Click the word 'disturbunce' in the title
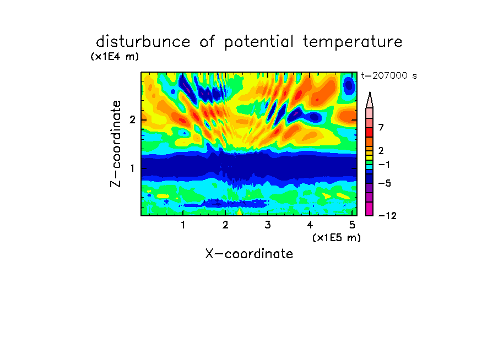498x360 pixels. (143, 42)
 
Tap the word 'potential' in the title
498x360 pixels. (259, 42)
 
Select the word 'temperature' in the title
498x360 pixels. (353, 42)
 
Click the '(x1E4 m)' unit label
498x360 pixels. (115, 57)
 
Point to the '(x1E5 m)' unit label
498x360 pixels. (337, 237)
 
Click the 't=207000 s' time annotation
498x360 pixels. (389, 75)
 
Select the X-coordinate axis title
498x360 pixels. (249, 254)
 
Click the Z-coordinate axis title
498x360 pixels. (116, 144)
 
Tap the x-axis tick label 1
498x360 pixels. (183, 225)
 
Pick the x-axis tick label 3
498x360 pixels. (268, 225)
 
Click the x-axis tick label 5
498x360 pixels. (352, 225)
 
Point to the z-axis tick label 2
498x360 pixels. (132, 120)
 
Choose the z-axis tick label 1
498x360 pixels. (132, 168)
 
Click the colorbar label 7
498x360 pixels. (381, 128)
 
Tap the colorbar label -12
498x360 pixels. (387, 216)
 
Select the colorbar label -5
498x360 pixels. (385, 183)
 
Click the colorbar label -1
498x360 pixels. (384, 165)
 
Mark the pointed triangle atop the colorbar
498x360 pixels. (370, 100)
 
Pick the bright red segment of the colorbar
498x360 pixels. (370, 132)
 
